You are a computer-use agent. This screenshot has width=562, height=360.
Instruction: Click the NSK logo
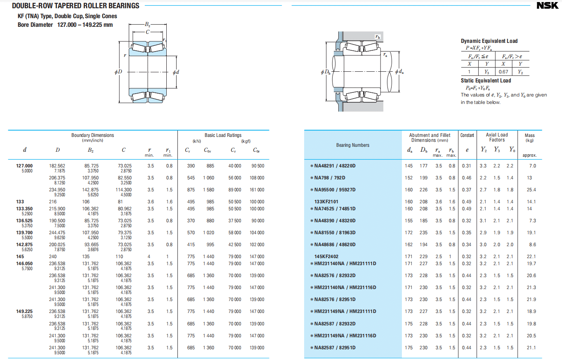tap(547, 6)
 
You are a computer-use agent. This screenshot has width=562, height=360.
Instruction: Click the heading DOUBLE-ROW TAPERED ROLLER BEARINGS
tap(76, 6)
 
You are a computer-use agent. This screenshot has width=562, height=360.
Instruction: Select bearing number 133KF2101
tap(326, 202)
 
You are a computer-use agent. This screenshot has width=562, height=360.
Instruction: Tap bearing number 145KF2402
tap(326, 256)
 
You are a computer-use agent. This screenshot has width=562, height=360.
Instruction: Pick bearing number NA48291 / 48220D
tap(334, 166)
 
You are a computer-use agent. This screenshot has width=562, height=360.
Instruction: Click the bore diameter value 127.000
tap(24, 166)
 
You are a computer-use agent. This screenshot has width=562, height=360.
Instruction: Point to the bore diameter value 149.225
tap(24, 311)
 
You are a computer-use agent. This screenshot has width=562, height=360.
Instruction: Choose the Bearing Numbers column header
tap(353, 145)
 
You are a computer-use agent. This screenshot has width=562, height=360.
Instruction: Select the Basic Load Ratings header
tap(223, 135)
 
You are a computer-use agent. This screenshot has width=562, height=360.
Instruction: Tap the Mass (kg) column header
tap(529, 138)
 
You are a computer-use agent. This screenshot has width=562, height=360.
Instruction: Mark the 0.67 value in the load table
tap(503, 72)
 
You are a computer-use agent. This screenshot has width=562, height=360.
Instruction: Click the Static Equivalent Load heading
tap(486, 80)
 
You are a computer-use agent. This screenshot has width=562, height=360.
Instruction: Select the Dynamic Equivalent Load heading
tap(489, 41)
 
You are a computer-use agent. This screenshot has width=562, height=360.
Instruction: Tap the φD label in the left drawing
tap(118, 72)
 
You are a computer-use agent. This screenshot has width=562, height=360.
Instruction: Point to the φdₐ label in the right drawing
tap(399, 72)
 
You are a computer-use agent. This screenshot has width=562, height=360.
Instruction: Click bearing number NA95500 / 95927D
tap(335, 190)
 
